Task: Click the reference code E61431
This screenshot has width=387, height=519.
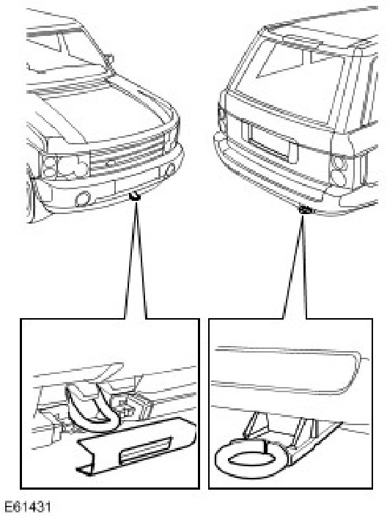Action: [27, 507]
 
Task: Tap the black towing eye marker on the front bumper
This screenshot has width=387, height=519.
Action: [134, 196]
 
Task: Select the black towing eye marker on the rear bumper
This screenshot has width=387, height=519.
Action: [304, 209]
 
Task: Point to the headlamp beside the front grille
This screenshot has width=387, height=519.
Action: [64, 166]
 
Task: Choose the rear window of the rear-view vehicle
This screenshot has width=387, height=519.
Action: [295, 79]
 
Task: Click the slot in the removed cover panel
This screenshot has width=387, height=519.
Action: [146, 450]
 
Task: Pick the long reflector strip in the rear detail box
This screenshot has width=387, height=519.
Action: [288, 369]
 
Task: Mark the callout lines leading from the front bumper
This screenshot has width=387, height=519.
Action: [136, 259]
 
